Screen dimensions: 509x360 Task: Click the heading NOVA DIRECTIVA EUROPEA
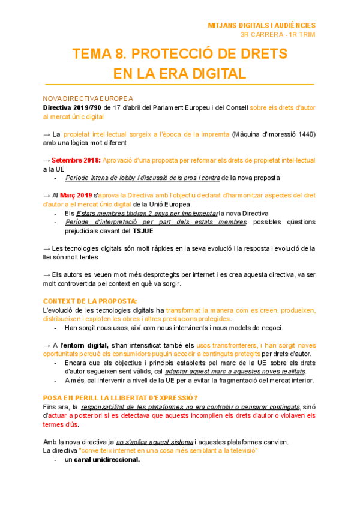click(x=88, y=98)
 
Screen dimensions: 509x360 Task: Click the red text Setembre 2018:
click(x=76, y=161)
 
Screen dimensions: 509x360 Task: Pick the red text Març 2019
click(x=76, y=196)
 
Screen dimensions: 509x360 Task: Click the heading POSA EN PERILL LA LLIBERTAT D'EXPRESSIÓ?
click(x=121, y=398)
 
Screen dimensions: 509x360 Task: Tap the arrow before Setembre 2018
click(x=47, y=161)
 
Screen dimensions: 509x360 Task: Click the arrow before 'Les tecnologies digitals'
click(x=47, y=248)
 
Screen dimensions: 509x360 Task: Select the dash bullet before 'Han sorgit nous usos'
click(x=55, y=328)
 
